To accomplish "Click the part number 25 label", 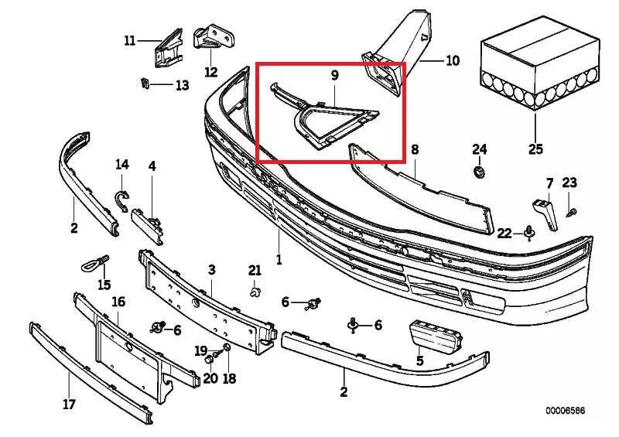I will point(535,149).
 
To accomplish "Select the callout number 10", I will point(453,60).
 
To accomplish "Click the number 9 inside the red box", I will point(334,76).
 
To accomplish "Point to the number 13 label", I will point(182,85).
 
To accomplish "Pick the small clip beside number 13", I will point(145,83).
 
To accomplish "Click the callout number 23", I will point(569,183).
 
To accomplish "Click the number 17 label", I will point(69,404).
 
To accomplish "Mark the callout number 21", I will point(255,270).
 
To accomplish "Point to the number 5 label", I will point(420,360).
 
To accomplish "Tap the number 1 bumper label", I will point(279,259).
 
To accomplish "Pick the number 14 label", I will point(122,164).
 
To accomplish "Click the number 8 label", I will point(415,149).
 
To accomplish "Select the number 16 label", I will point(118,302).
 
